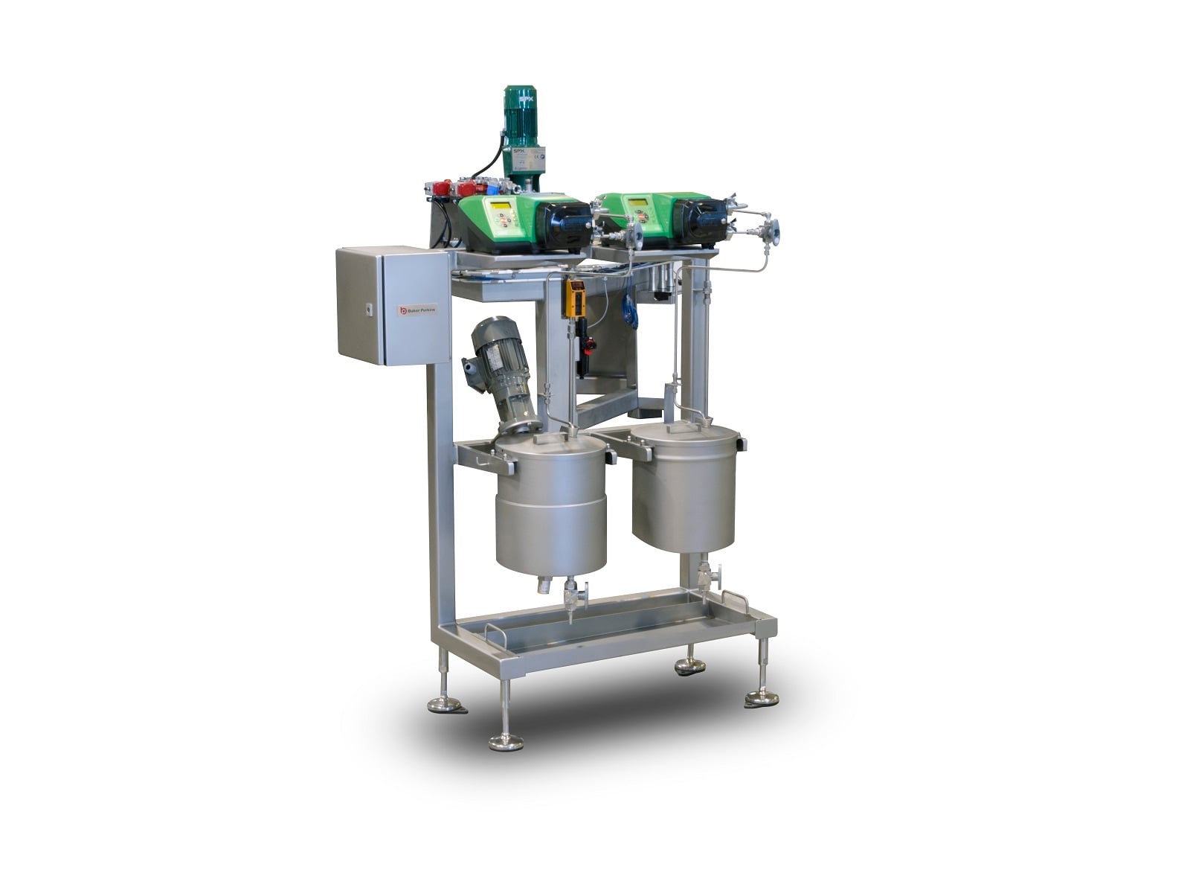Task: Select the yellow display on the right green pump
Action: [x=637, y=202]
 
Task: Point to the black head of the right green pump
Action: [x=704, y=217]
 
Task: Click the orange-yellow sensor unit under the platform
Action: [x=575, y=298]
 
